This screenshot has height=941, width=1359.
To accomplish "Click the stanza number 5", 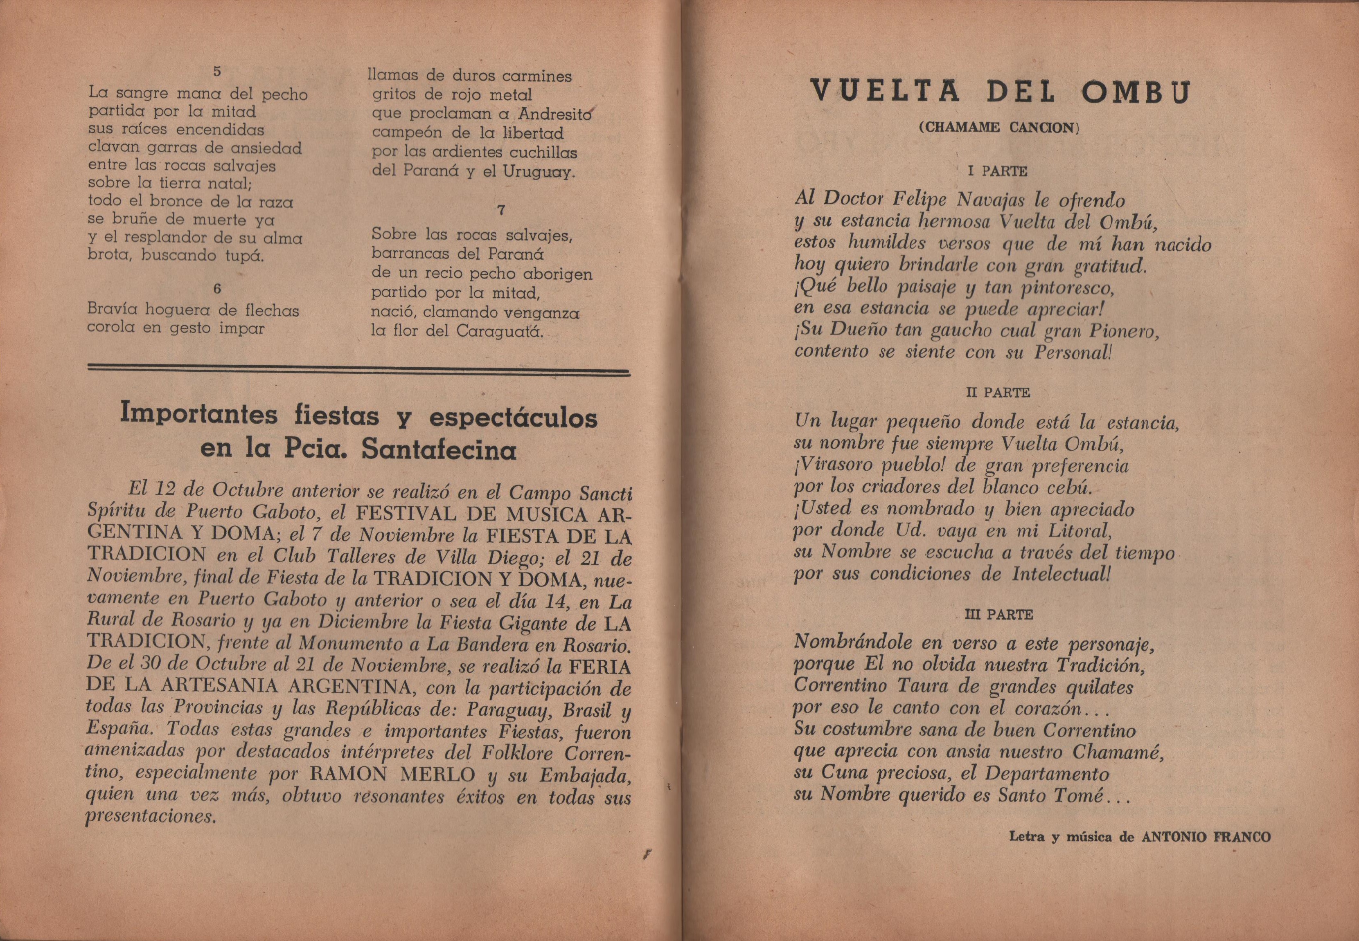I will [216, 71].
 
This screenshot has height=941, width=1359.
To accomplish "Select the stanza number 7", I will [501, 209].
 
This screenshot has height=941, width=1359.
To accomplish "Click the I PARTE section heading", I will [997, 172].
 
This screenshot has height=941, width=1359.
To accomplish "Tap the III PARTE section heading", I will [998, 614].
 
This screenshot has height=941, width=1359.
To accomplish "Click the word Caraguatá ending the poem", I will [500, 331].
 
